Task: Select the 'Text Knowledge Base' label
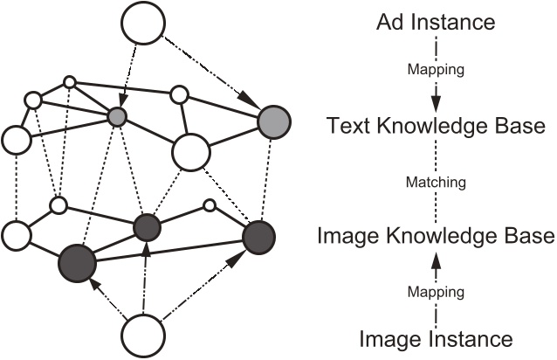click(437, 127)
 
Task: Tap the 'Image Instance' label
click(437, 337)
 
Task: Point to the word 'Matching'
click(437, 183)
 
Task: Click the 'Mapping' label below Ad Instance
click(437, 66)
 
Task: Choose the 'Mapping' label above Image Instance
click(437, 289)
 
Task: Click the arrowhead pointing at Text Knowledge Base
click(437, 98)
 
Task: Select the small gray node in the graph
click(119, 115)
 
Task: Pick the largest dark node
click(76, 262)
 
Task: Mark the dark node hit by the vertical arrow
click(148, 229)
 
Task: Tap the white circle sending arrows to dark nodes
click(142, 336)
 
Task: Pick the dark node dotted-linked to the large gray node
click(258, 238)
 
